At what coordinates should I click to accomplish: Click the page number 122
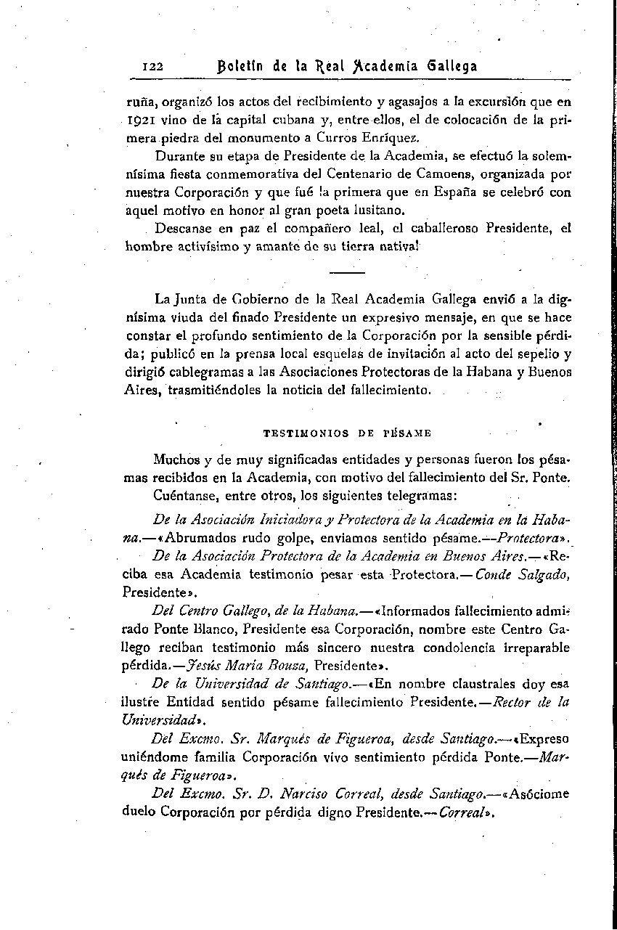point(154,66)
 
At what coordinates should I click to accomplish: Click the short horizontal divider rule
point(347,273)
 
